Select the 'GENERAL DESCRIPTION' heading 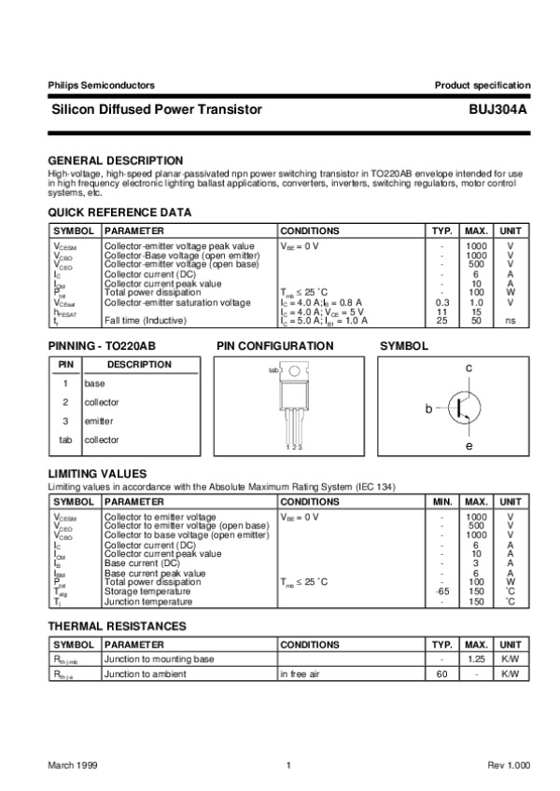(115, 160)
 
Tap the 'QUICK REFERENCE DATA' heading (119, 213)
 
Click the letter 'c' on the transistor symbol (469, 369)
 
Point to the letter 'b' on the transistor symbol (428, 409)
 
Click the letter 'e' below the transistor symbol (469, 447)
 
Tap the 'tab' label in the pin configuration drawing (273, 369)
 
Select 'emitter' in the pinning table (99, 421)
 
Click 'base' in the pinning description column (94, 383)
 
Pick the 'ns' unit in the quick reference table (511, 321)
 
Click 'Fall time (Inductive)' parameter (145, 321)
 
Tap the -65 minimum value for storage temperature (443, 591)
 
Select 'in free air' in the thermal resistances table (304, 673)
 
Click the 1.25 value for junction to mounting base (476, 659)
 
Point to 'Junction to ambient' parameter (145, 673)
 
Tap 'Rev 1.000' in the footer (508, 765)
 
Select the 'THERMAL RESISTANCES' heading (117, 626)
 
